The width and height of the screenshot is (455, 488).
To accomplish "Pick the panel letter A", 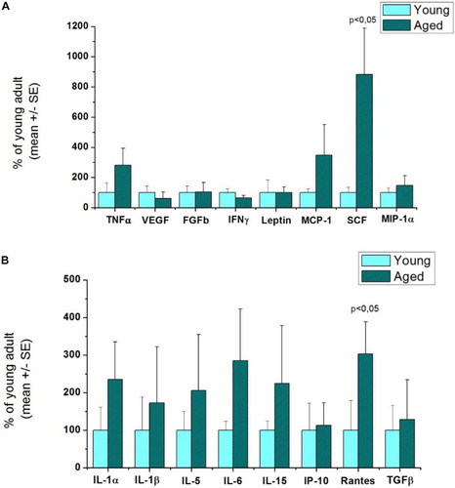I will point(7,6).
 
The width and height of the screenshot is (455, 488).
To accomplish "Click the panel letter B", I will point(7,261).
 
